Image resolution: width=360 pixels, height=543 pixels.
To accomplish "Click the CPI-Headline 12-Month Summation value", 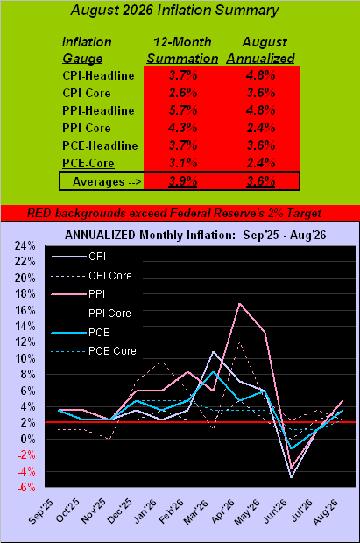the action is [x=183, y=75].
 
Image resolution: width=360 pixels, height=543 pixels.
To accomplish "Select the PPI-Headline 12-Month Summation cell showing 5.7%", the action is [x=183, y=110].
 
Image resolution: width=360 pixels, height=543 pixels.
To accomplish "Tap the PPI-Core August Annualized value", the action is [x=261, y=128].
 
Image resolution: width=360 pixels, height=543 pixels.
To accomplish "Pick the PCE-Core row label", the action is [x=88, y=163].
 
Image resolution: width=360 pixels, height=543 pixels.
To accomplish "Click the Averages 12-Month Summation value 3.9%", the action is [x=183, y=181].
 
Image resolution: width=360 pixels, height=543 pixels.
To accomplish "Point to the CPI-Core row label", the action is [x=87, y=93].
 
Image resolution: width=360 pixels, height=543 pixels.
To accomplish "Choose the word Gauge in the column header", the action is [x=82, y=59].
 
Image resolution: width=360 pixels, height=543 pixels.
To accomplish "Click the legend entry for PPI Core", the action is [x=91, y=314].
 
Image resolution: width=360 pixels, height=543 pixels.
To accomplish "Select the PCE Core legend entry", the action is [x=94, y=351].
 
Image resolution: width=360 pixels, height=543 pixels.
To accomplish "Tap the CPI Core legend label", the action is [x=110, y=276].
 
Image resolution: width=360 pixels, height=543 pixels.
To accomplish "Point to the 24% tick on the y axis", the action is [x=25, y=245].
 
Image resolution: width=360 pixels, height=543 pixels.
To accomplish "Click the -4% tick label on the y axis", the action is [x=26, y=471].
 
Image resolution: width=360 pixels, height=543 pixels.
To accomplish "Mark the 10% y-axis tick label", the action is [x=25, y=358].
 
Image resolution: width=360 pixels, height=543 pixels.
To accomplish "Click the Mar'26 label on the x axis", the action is [x=196, y=511].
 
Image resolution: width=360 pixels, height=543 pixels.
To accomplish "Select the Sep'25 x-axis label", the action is [x=41, y=511].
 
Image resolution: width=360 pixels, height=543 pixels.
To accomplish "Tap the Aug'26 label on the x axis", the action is [x=325, y=511].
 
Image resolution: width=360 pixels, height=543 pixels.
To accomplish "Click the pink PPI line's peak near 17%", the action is [x=239, y=304].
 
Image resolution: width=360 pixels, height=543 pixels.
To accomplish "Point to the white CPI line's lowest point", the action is [x=292, y=477].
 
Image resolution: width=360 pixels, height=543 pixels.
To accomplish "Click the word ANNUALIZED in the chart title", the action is [x=100, y=235].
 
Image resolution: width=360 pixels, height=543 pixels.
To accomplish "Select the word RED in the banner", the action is [x=39, y=213].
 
